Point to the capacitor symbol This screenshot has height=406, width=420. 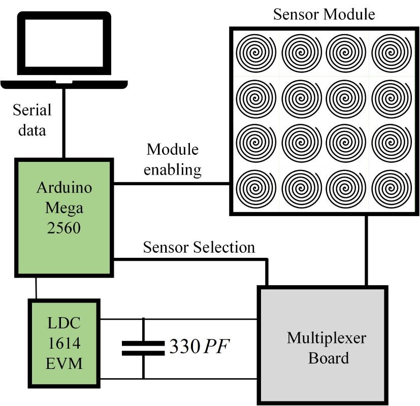point(143,348)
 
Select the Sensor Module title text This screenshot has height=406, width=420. point(324,14)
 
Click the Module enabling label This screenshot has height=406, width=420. point(172,159)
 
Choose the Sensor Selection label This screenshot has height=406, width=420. point(199,248)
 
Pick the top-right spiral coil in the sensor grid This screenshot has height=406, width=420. point(390,52)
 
